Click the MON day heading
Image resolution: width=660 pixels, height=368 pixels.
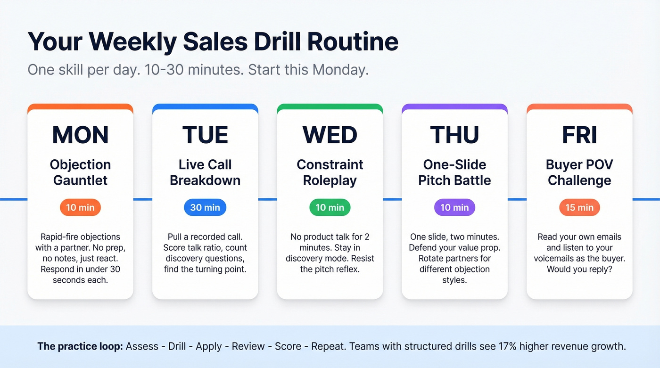80,135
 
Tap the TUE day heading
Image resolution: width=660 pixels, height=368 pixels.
205,135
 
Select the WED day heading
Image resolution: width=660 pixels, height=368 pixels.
330,135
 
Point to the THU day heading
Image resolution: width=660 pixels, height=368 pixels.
454,135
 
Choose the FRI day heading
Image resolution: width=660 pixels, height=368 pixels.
579,135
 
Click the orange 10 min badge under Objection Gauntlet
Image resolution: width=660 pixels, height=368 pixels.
80,207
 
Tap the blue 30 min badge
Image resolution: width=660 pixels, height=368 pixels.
205,207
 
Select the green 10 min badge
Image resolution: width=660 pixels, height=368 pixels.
330,207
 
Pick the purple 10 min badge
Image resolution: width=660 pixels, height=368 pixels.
454,207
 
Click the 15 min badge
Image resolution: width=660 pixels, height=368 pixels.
579,207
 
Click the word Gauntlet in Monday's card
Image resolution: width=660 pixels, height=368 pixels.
80,180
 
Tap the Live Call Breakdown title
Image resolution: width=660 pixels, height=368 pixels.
205,172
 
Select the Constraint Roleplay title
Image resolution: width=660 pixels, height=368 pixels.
330,172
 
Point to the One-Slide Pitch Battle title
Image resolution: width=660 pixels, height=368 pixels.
454,172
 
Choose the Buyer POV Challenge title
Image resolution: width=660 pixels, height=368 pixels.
579,172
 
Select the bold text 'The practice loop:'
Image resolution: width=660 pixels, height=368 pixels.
80,347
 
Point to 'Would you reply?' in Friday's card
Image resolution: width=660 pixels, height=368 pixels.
579,270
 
